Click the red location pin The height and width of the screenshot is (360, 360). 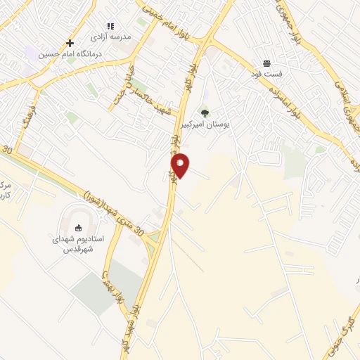(180, 165)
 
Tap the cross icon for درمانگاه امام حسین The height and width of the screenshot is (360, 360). (70, 43)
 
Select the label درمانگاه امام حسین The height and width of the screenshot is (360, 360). (70, 53)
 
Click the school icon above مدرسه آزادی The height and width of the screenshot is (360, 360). (110, 26)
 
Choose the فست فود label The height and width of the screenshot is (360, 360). (266, 73)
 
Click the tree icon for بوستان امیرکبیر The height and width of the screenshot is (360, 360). (205, 112)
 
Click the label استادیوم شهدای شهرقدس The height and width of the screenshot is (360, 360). (78, 244)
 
